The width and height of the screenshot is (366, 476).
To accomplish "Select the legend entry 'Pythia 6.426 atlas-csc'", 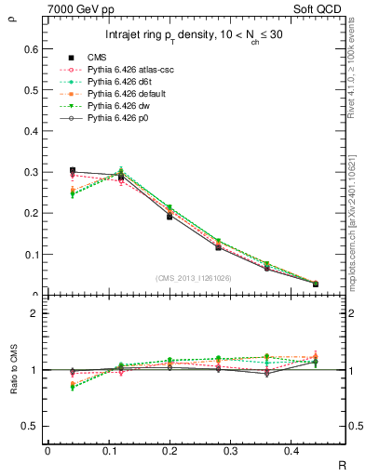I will [x=131, y=70].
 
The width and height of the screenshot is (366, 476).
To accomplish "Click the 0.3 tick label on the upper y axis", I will [x=31, y=172].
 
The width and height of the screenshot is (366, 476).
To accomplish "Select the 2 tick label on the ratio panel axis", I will [x=34, y=314].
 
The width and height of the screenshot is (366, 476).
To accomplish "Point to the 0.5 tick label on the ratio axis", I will [x=31, y=426].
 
